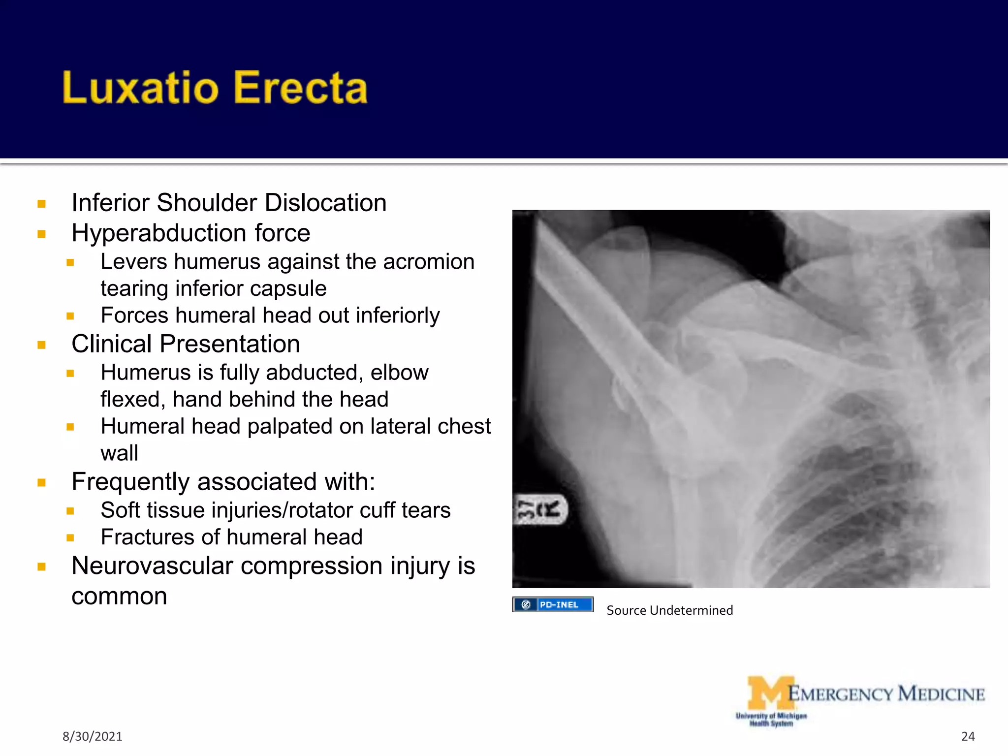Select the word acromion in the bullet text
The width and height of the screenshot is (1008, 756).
tap(429, 262)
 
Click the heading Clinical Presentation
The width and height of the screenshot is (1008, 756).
tap(186, 344)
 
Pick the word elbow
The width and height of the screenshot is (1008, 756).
tap(399, 373)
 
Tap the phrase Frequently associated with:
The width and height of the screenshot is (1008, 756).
tap(223, 482)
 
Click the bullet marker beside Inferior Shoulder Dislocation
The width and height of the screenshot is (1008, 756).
tap(42, 204)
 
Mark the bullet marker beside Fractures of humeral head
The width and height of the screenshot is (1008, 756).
tap(70, 538)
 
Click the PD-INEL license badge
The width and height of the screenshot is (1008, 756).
tap(553, 604)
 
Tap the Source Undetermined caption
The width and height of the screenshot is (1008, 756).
tap(669, 610)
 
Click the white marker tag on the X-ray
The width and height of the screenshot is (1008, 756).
tap(540, 510)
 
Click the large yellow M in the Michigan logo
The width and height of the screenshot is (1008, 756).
tap(770, 693)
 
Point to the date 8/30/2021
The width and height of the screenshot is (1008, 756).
tap(92, 736)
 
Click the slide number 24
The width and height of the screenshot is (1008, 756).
tap(968, 736)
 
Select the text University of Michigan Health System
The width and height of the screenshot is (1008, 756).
tap(771, 720)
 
